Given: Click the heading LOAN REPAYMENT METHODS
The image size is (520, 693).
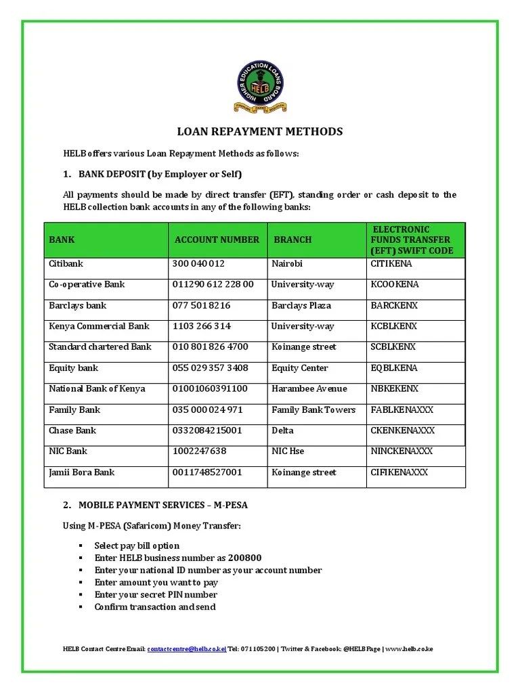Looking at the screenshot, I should pos(260,131).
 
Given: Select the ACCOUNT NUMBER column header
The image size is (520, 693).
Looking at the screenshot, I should pos(217,240).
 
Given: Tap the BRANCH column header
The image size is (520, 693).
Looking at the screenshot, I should pos(292,240).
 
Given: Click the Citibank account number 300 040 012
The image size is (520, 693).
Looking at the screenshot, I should pos(199,263).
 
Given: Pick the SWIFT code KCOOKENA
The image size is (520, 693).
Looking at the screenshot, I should pos(395,284).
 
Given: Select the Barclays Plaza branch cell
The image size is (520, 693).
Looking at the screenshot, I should pos(301,305).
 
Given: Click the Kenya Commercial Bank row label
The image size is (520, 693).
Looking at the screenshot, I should pos(99,326).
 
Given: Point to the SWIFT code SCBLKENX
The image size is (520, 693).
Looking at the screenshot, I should pos(393,347).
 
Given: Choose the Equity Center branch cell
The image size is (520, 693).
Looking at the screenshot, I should pos(299,368).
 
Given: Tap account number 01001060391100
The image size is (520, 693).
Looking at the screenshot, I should pos(211,389).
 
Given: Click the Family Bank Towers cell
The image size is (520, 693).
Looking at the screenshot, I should pos(313,410).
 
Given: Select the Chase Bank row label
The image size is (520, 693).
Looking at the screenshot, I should pos(72,430).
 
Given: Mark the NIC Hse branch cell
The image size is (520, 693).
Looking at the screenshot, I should pos(288,451).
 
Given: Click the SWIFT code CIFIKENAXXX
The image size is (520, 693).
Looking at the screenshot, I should pos(399,472).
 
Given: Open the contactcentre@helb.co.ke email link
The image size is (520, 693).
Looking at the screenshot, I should pos(186,649).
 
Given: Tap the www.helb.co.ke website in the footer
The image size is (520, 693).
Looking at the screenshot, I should pos(409,649).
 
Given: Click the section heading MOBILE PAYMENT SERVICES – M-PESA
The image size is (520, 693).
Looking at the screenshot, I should pos(154,506).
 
